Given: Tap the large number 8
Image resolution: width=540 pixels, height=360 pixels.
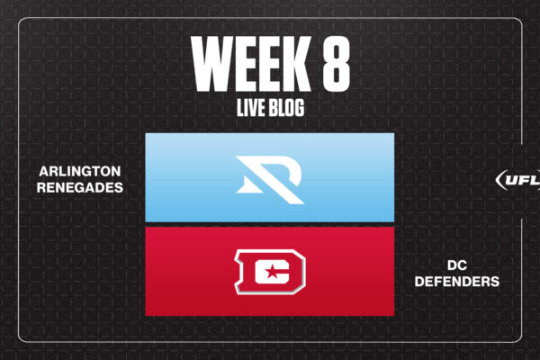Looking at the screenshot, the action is pos(336,64).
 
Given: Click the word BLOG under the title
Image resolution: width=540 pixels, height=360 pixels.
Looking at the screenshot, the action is pos(286,107).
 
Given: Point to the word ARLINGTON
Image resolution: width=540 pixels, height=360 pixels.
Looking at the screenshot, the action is pos(80,171).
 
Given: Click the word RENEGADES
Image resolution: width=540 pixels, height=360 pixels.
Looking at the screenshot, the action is pos(80,187).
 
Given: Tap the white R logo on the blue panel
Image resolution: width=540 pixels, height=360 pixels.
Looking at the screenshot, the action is pos(270,179).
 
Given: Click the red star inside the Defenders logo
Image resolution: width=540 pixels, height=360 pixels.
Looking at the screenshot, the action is pos(272,272).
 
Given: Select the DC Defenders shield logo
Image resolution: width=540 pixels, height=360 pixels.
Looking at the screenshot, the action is pos(270,272).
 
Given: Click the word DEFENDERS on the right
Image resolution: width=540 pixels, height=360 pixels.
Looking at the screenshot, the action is pos(456,282).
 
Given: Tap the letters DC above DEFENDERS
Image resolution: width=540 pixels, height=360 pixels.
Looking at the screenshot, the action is pos(457,265).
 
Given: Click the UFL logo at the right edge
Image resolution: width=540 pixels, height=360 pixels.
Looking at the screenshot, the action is pos(518,179).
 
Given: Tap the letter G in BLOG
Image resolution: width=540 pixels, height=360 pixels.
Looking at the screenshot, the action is pos(299,107).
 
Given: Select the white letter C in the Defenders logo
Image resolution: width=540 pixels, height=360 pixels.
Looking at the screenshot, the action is pos(272,272).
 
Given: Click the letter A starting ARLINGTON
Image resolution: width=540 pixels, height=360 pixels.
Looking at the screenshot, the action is pos(44,171).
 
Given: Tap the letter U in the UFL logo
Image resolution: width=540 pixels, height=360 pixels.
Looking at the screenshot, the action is pos(510,180).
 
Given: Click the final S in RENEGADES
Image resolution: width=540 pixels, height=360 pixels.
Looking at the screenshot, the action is pos(119,187).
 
